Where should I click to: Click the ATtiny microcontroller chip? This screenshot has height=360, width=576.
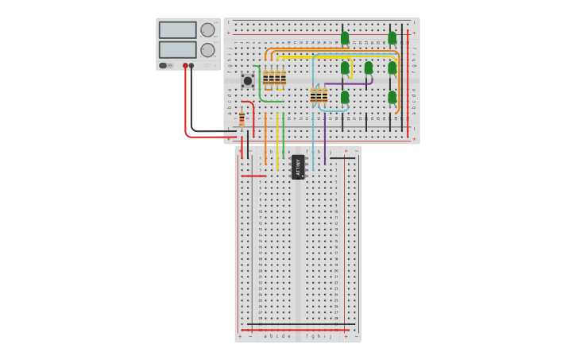(298, 167)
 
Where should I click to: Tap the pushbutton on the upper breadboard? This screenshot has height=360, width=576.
(248, 80)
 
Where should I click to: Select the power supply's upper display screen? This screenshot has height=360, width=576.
(177, 30)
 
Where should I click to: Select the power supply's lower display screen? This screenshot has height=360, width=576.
(177, 49)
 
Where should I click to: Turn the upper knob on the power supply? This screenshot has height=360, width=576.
(207, 30)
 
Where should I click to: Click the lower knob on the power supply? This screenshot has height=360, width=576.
(207, 50)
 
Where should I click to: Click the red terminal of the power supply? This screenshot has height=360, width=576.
(185, 66)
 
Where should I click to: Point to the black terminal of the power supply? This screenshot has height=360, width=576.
(191, 66)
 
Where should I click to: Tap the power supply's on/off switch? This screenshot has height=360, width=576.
(163, 65)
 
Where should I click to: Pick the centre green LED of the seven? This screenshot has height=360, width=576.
(369, 68)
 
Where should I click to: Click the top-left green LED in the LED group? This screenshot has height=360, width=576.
(345, 37)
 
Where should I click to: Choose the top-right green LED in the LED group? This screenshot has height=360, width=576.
(392, 37)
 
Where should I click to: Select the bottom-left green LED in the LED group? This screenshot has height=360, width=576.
(345, 97)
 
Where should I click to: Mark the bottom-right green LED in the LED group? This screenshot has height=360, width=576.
(392, 97)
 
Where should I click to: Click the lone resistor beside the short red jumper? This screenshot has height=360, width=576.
(242, 119)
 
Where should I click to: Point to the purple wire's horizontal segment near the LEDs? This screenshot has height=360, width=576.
(350, 83)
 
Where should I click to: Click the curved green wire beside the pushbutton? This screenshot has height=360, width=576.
(260, 87)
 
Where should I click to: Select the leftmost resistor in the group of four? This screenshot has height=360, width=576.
(266, 78)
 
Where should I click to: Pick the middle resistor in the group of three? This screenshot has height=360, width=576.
(319, 96)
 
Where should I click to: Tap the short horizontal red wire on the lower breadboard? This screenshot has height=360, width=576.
(253, 176)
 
